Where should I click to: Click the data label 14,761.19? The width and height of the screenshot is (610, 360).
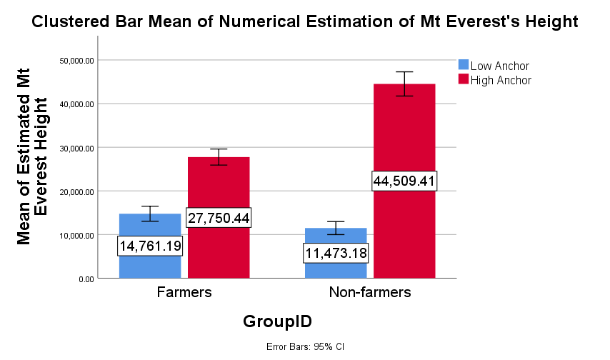pos(150,246)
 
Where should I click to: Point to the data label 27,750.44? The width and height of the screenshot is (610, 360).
pos(219,218)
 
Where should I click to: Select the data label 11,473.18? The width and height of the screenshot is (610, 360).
pos(336,253)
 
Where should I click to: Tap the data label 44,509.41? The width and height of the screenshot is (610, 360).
pos(404,181)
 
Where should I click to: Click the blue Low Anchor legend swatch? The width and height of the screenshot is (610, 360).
pos(463,66)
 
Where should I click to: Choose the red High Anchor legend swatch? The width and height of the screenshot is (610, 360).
pos(463,80)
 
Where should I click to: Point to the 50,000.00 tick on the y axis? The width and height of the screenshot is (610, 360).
pos(76,61)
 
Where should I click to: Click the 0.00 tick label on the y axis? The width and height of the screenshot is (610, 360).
pos(85,279)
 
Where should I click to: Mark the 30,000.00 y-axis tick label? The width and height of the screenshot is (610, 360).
pos(76,148)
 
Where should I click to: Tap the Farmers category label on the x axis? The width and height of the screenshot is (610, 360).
pos(184,293)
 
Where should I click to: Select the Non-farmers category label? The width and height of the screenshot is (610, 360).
pos(369,293)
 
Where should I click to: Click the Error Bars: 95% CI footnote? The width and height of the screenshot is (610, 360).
pos(305,347)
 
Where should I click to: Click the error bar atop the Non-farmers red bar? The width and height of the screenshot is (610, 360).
pos(404,84)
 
